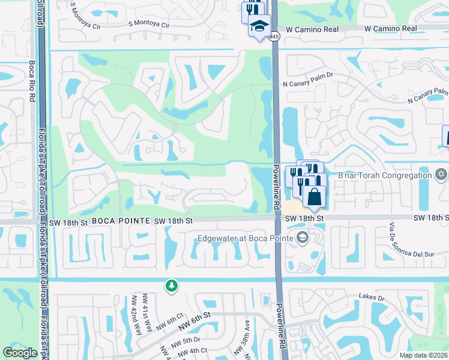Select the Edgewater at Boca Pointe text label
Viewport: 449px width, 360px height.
click(246, 239)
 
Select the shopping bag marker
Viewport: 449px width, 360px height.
click(314, 196)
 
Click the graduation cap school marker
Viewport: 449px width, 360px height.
click(259, 26)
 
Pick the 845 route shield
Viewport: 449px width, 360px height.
click(274, 37)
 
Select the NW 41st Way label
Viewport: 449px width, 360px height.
click(147, 313)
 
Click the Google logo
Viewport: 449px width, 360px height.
click(20, 353)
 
